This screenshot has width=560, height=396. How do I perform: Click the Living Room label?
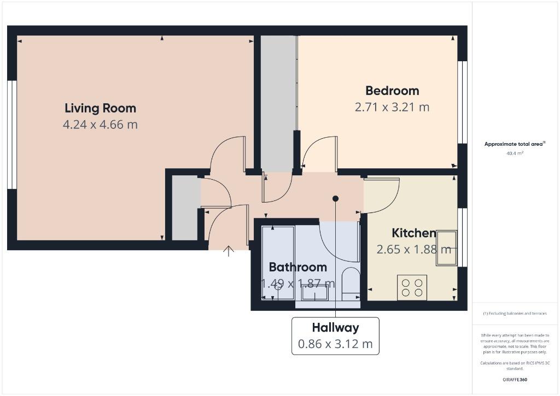point(101,109)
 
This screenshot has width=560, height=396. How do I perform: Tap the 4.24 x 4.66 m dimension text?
point(101,125)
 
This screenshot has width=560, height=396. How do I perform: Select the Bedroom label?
point(392,91)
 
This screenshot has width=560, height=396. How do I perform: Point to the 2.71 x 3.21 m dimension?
point(392,107)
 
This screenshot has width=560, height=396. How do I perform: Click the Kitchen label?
point(414,233)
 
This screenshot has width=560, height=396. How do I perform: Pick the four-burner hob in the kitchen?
point(412,287)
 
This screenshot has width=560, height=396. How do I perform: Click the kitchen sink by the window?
point(446,248)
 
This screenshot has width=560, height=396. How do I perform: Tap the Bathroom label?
point(298,267)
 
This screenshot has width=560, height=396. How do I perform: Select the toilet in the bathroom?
point(351,283)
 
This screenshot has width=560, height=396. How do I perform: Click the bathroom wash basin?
point(314,293)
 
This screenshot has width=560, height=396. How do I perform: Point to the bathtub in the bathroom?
point(278,263)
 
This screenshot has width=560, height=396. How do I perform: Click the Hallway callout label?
point(335,328)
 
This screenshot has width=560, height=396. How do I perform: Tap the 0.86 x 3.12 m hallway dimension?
point(335,344)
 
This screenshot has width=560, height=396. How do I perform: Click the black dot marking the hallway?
point(335,199)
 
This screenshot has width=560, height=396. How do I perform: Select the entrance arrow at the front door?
point(229,251)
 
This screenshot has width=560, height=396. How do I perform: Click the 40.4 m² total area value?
point(515,153)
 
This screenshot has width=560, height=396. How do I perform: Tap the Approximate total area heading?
point(515,144)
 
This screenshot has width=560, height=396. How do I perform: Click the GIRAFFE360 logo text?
point(515,380)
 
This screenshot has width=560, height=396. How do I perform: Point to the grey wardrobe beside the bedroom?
point(278,103)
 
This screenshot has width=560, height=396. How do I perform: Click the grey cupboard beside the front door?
point(186,208)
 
